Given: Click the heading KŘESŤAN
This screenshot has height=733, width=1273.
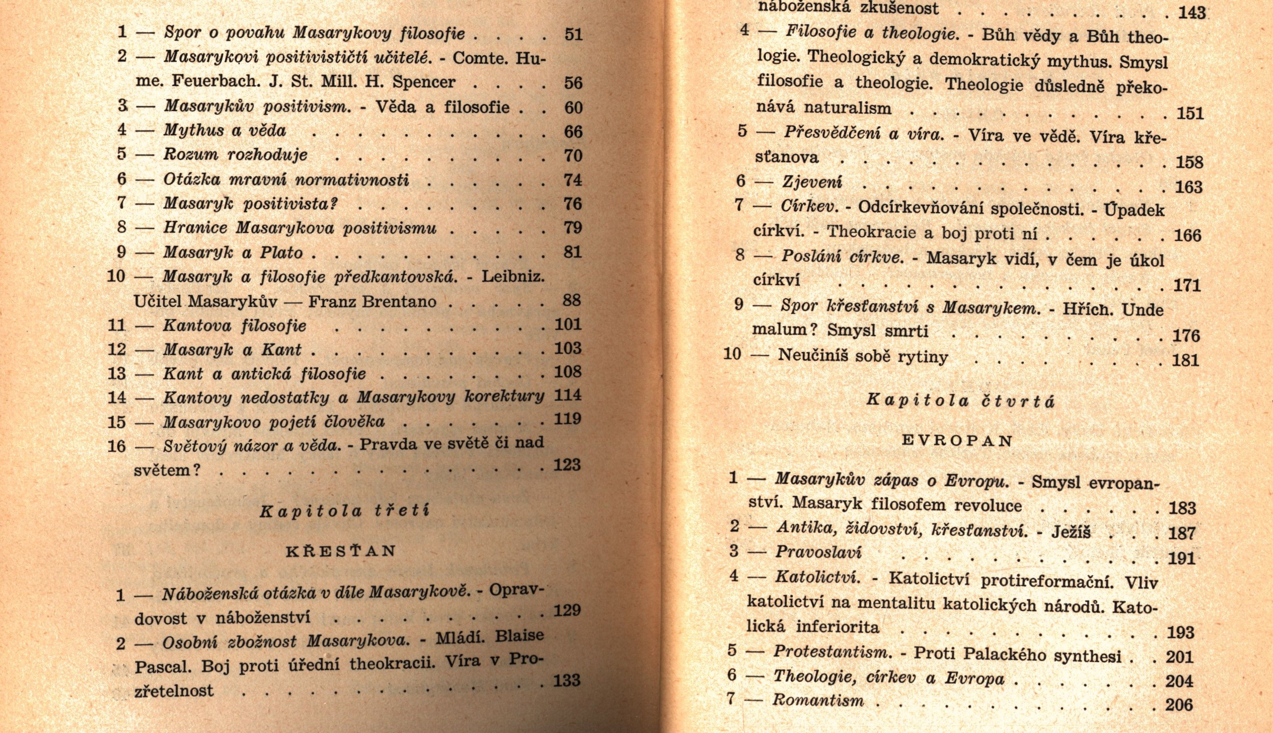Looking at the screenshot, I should click(x=341, y=551).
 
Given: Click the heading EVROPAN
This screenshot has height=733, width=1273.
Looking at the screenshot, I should click(x=957, y=441).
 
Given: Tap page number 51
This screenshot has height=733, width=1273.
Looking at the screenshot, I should click(x=573, y=34).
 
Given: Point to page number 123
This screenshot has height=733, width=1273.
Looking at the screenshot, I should click(x=567, y=465).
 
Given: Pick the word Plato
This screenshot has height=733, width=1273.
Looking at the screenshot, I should click(x=281, y=252).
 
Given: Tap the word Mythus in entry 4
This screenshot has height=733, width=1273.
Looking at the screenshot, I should click(x=194, y=130).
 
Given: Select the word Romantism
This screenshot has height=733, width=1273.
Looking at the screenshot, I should click(x=818, y=700).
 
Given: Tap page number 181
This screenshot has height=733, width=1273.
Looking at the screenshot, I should click(x=1186, y=360).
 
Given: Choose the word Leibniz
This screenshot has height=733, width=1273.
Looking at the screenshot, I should click(x=513, y=276).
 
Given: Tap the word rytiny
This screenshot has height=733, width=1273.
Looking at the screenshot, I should click(x=926, y=357).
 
